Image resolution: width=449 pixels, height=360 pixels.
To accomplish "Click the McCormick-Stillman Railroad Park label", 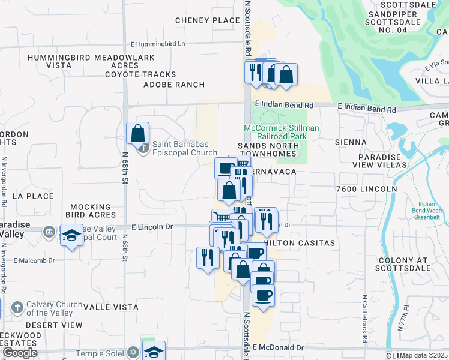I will [281, 132].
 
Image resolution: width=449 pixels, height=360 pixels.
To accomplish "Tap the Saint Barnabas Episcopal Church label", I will [184, 148].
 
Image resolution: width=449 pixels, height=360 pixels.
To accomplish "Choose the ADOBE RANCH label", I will [174, 85].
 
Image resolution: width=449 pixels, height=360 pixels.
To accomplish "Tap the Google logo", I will [19, 353].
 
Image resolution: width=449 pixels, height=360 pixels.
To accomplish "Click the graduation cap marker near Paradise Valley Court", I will [71, 235].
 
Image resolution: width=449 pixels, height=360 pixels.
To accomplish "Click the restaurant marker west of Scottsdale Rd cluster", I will [208, 257].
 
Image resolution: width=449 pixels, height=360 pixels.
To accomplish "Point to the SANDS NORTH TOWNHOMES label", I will [267, 149].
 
